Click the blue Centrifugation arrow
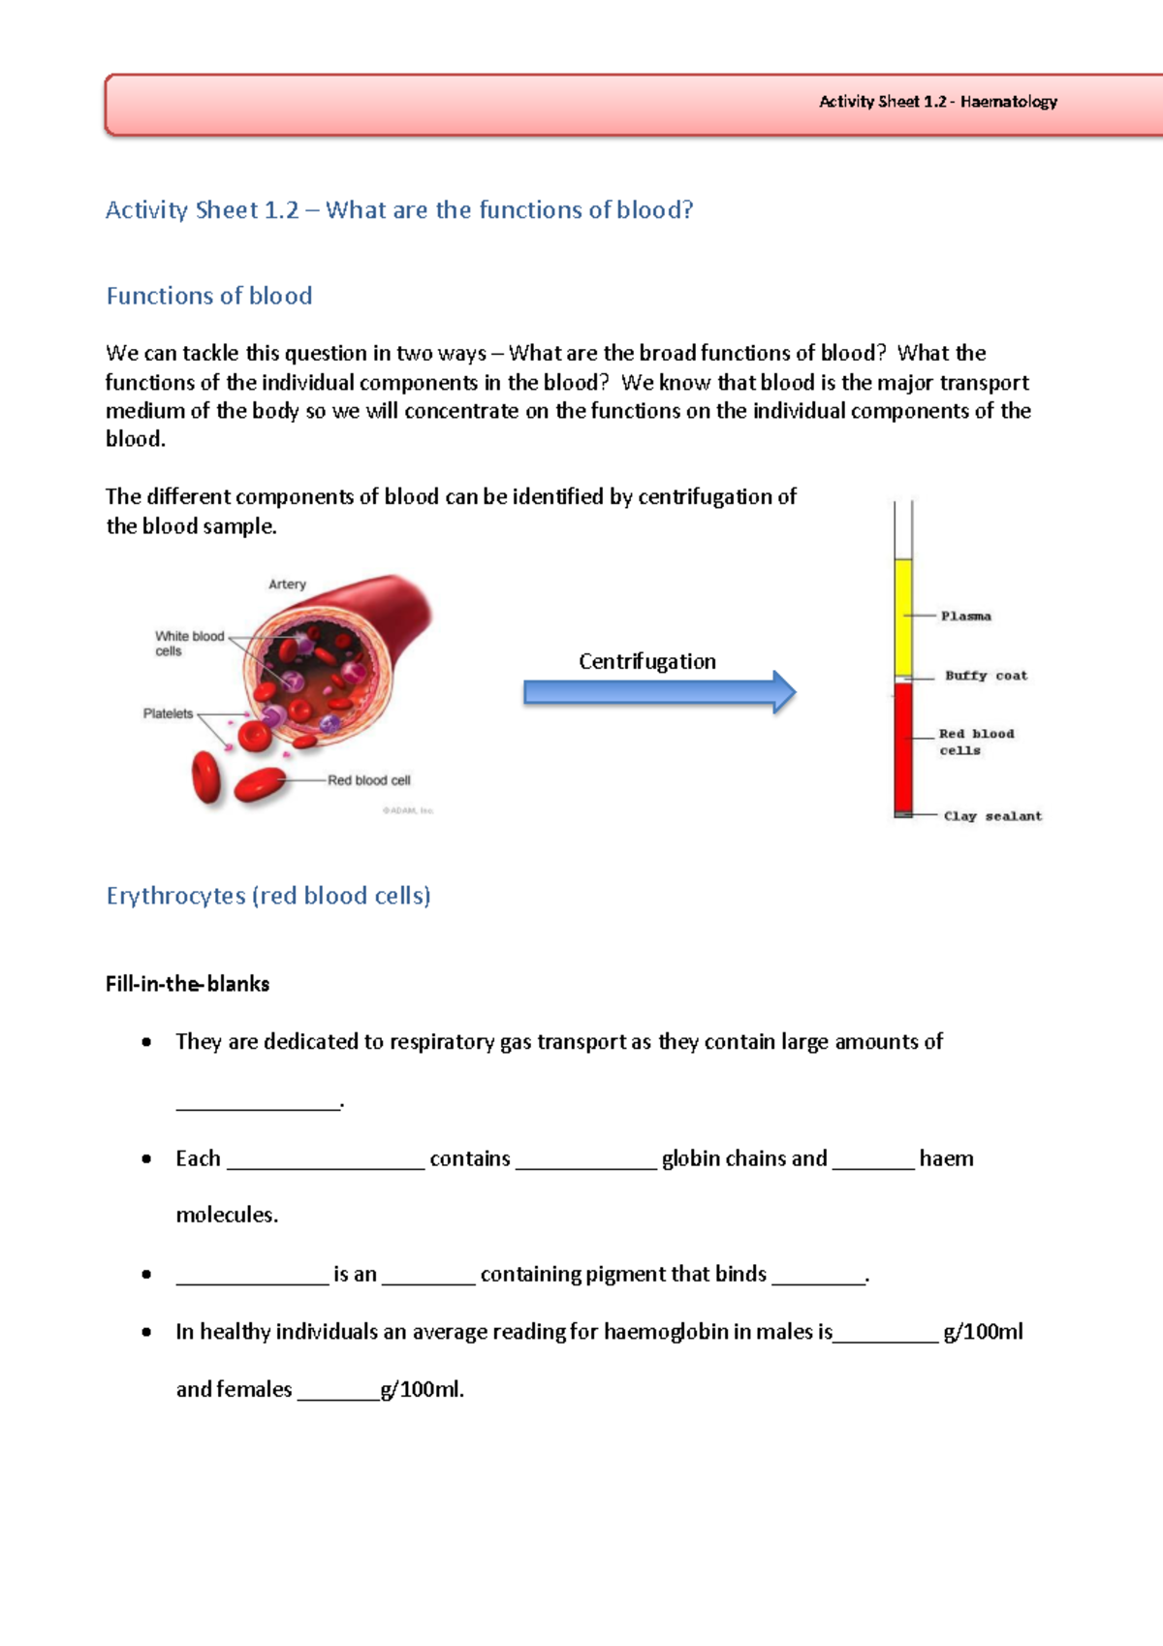point(659,692)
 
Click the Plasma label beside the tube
point(965,617)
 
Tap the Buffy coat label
point(986,676)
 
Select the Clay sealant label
point(992,816)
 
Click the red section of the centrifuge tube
point(903,746)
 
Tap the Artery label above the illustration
point(287,585)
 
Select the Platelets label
point(168,713)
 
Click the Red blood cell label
point(368,780)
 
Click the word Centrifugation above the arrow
point(647,661)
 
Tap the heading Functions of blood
point(209,296)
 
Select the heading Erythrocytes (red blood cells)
point(268,896)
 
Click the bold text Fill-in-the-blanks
point(187,984)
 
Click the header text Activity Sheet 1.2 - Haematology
point(937,102)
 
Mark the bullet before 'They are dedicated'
point(146,1043)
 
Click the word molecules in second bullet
point(226,1215)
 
